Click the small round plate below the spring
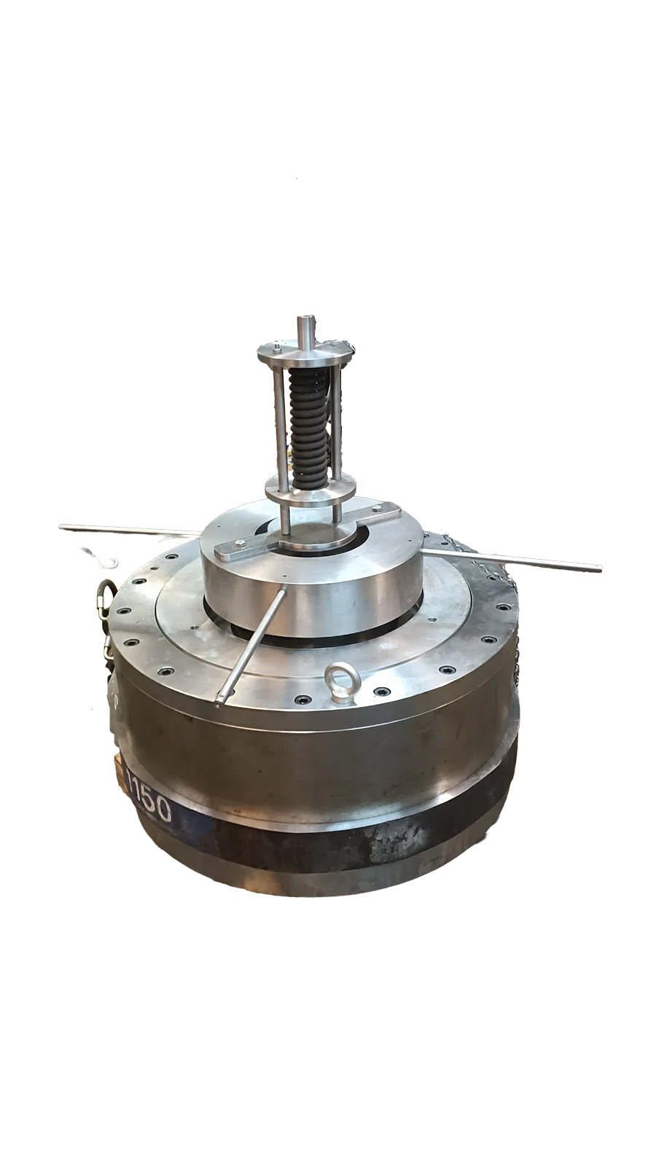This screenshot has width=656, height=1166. (311, 493)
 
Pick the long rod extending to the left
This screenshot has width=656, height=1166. (130, 529)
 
